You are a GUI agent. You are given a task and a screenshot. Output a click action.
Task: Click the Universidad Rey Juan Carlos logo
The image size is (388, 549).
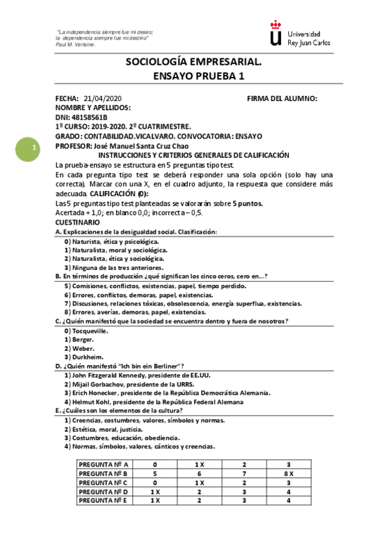click(300, 34)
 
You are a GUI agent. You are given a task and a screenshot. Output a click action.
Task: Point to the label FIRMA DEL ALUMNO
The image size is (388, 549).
click(282, 98)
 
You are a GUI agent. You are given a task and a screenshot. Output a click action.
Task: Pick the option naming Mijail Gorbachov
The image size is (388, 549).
click(124, 384)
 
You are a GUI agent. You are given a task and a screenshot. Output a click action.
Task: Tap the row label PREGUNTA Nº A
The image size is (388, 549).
click(103, 464)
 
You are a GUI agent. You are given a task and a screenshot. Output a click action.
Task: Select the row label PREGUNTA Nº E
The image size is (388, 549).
click(103, 500)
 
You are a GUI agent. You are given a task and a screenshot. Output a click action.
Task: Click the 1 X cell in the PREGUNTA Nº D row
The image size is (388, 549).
click(155, 491)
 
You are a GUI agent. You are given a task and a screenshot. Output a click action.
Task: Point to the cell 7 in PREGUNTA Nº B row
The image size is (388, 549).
click(244, 473)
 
